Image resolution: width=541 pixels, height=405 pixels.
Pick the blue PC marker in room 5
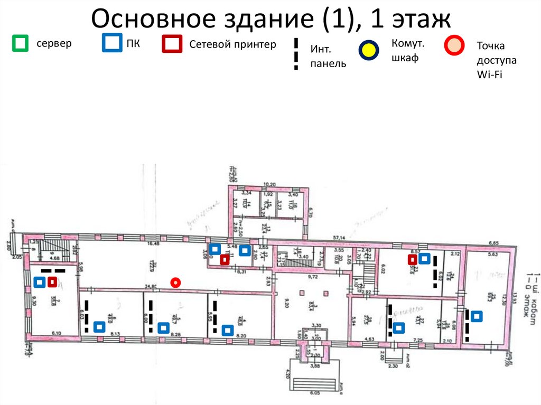click(164, 328)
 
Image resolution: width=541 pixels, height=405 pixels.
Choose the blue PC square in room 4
click(228, 330)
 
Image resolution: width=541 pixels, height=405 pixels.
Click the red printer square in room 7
click(52, 282)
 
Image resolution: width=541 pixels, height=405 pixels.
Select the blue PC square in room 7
click(39, 282)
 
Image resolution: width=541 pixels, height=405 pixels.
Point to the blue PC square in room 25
click(477, 316)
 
